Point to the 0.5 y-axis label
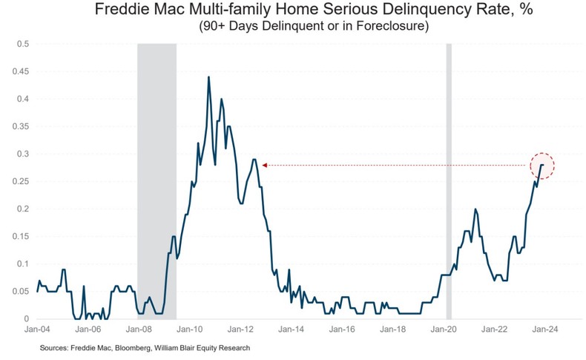click(22, 44)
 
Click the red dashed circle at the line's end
click(542, 166)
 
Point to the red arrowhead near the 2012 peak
click(264, 166)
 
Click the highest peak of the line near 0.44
click(208, 76)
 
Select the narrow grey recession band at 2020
click(448, 182)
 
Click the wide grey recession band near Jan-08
click(157, 182)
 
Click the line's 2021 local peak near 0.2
click(475, 209)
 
